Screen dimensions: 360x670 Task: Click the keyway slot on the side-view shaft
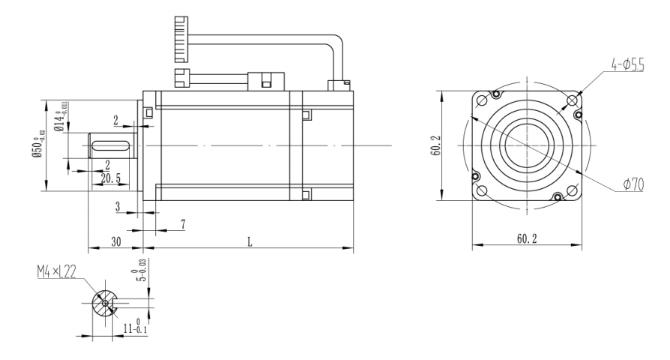coord(112,145)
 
